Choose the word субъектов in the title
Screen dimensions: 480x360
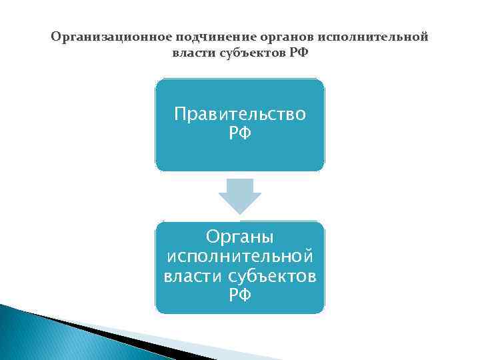[252, 53]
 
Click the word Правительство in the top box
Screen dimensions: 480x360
[240, 115]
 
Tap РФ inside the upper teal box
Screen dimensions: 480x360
[240, 133]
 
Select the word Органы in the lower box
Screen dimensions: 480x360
[240, 237]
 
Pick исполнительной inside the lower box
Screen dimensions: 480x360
[240, 256]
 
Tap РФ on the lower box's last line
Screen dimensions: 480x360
[240, 294]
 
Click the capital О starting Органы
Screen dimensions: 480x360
[212, 237]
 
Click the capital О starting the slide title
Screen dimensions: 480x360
[55, 37]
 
